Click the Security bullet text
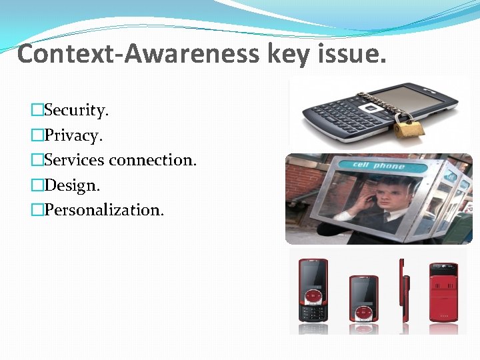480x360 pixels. (76, 110)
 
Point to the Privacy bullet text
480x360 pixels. (73, 135)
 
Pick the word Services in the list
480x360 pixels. (74, 160)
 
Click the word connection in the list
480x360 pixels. (153, 160)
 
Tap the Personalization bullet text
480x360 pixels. (103, 210)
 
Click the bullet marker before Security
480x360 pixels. (37, 111)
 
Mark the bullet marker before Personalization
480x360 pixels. (37, 211)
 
